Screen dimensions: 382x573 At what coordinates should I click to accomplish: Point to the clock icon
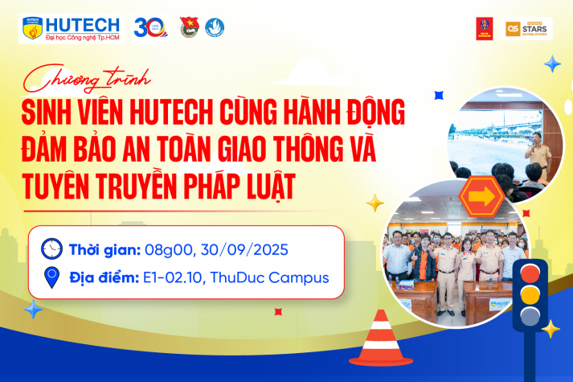point(52,248)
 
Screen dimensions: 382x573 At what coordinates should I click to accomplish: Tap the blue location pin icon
point(52,278)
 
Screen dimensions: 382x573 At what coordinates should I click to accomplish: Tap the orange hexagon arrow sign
point(482,195)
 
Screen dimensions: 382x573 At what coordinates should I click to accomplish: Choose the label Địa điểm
point(100,278)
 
